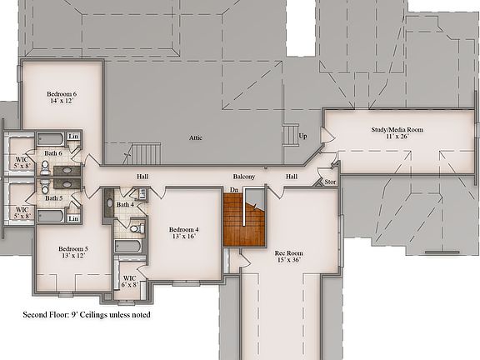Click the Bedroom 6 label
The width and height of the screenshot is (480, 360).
(x=62, y=97)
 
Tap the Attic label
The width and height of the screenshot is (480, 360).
(x=196, y=137)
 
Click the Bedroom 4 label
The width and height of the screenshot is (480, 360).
(x=184, y=233)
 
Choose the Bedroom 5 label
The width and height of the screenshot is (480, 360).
(x=73, y=252)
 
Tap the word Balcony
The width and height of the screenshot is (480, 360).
(x=243, y=177)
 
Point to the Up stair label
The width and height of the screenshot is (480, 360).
(x=302, y=136)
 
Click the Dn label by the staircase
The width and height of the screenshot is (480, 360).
(x=235, y=191)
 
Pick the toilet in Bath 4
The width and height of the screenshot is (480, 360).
(x=137, y=226)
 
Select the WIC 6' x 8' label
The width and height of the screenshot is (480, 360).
(x=129, y=282)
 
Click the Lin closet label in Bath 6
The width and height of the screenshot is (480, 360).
(x=73, y=137)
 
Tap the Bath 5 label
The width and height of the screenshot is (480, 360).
(x=52, y=198)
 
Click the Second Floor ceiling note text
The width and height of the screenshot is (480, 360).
(x=87, y=316)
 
